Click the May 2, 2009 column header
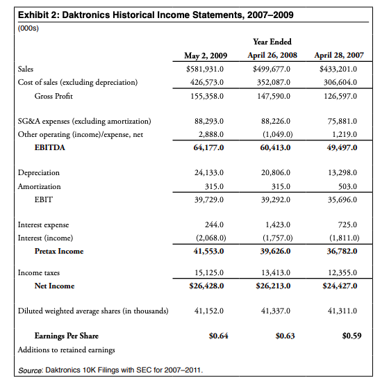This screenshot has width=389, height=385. (206, 56)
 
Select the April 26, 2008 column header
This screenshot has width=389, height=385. (272, 56)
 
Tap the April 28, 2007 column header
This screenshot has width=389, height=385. (338, 56)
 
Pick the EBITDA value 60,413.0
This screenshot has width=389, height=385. (273, 147)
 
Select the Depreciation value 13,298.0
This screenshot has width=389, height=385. (341, 172)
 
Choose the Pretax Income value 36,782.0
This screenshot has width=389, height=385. (340, 251)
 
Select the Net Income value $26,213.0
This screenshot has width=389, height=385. (273, 286)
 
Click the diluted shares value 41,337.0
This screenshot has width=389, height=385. (274, 311)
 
